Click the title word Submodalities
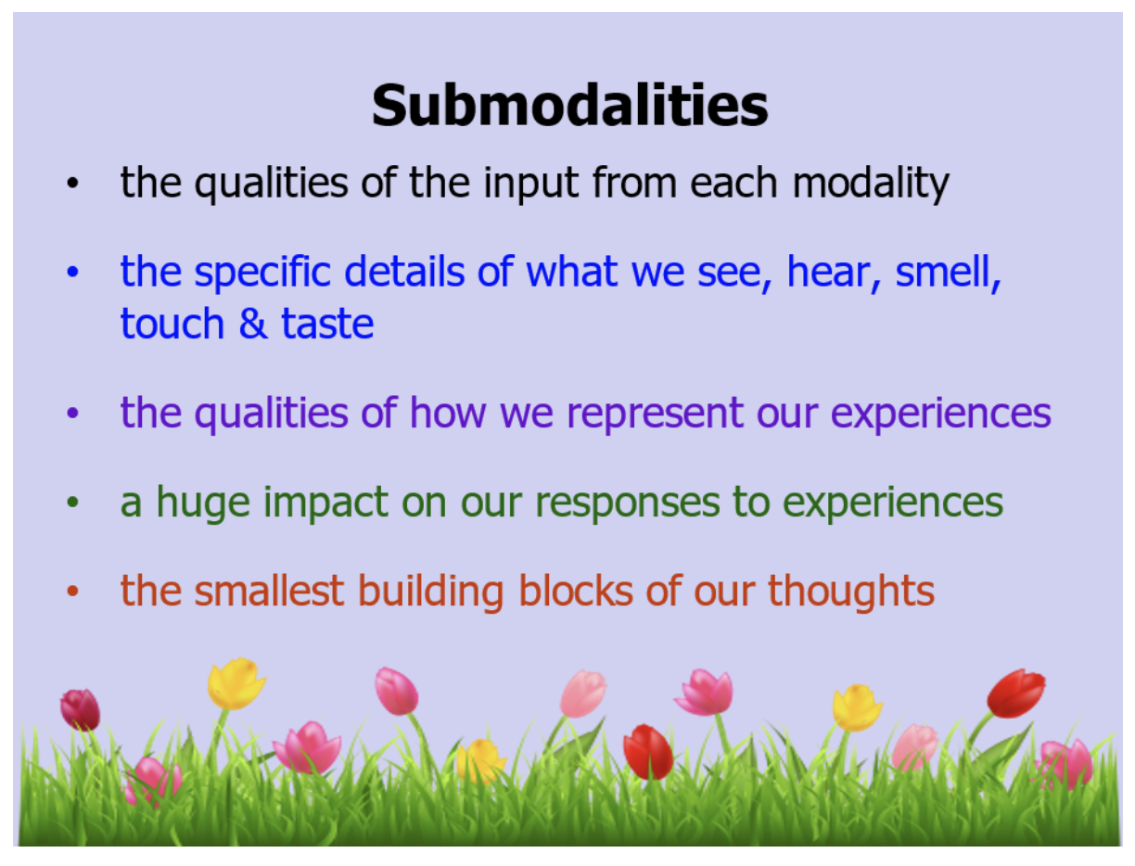[x=569, y=106]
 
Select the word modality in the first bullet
[x=870, y=184]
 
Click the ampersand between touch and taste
[x=249, y=325]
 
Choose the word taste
[x=327, y=325]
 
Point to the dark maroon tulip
[x=81, y=708]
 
